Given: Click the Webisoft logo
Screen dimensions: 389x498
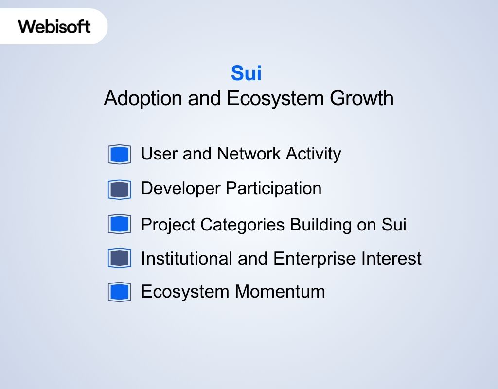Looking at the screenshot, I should tap(54, 26).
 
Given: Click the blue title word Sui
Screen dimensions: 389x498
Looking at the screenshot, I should tap(246, 73).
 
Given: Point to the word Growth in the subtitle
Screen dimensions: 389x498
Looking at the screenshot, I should tap(361, 98).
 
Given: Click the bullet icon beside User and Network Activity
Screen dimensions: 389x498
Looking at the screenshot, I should tap(120, 155).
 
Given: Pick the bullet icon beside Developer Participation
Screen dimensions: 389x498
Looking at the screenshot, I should tap(120, 189).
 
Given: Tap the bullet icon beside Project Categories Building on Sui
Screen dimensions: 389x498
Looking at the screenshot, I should tap(120, 224).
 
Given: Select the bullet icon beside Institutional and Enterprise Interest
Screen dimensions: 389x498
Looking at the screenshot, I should tap(120, 258).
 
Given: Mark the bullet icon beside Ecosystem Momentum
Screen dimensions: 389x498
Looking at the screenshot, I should tap(120, 292).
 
